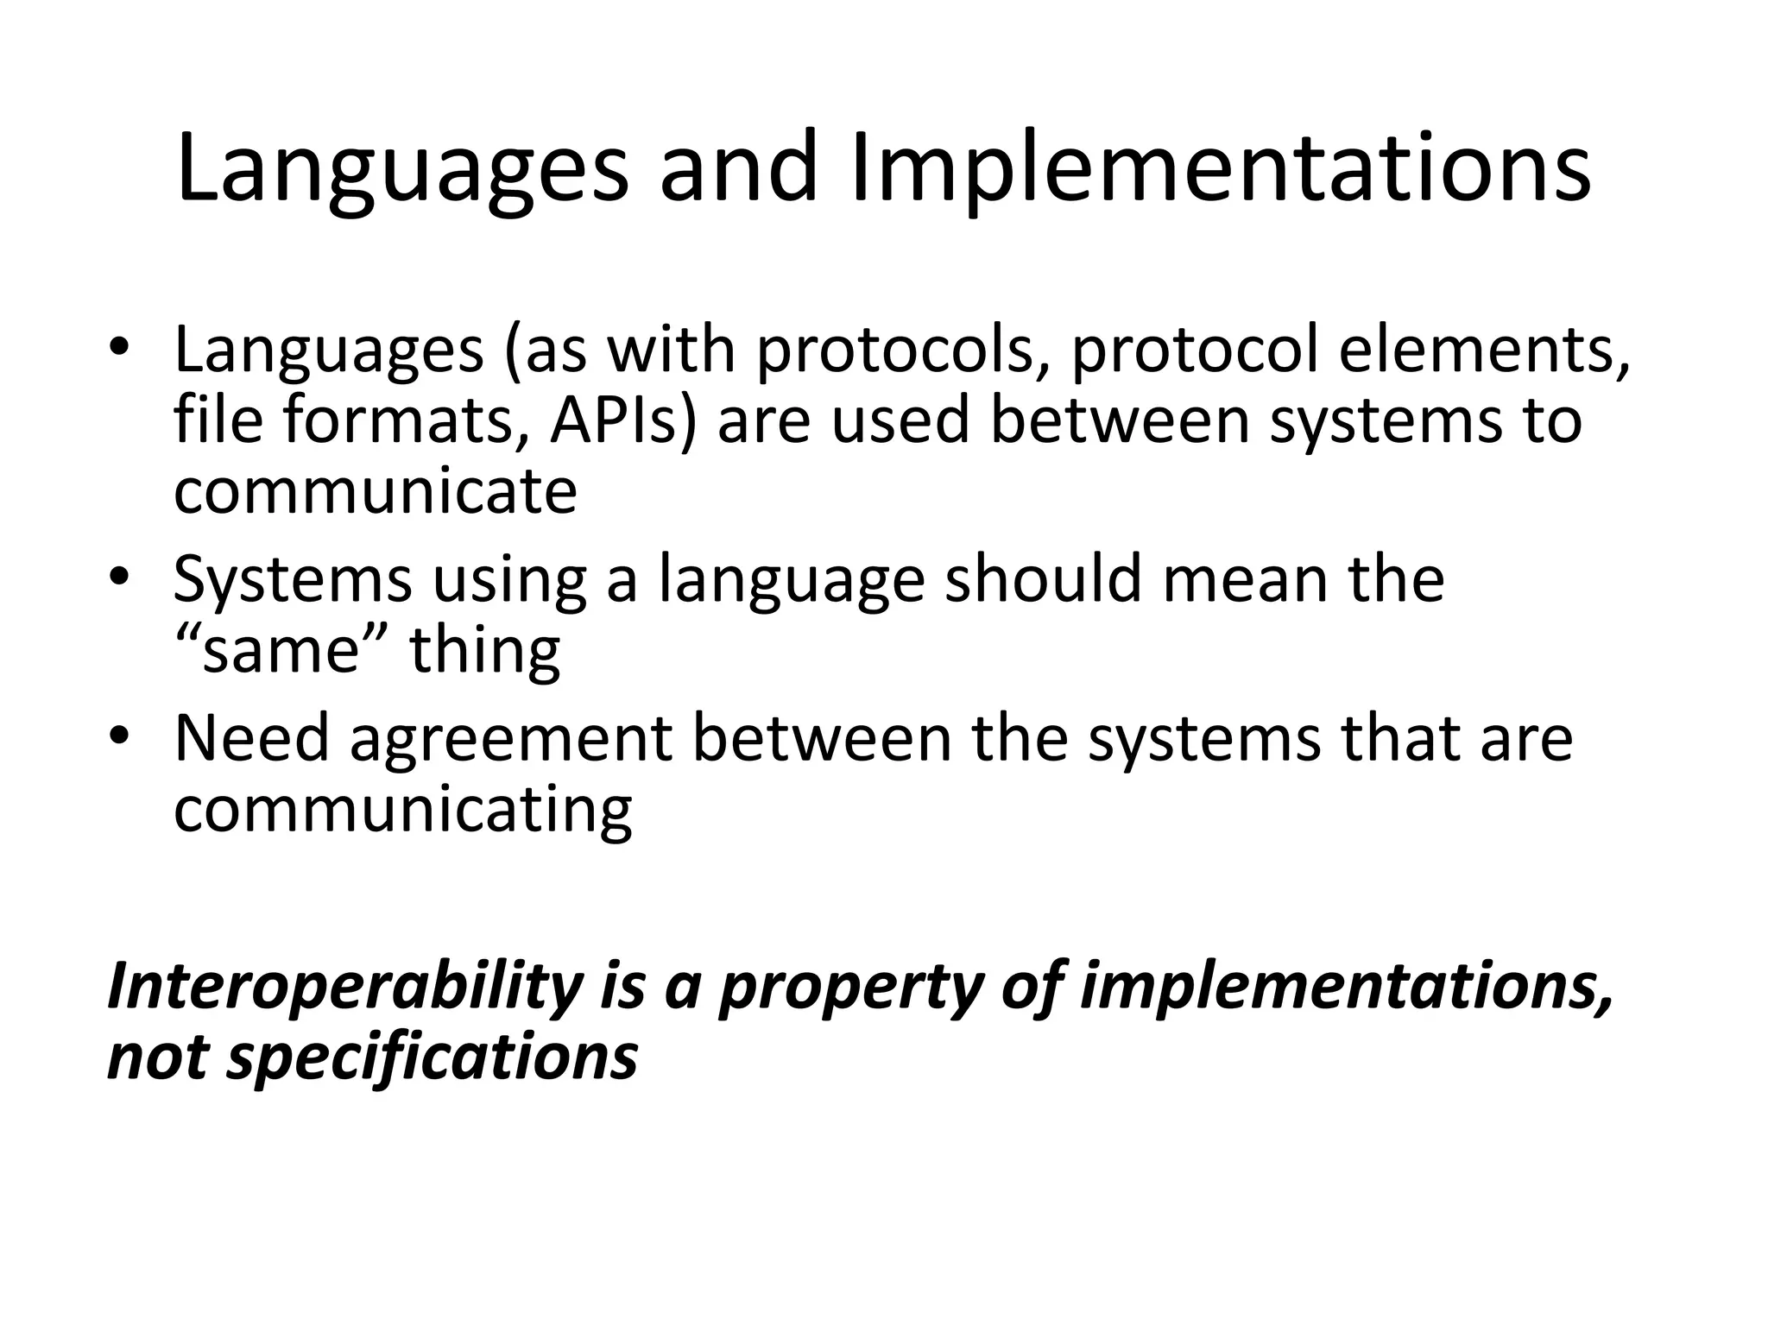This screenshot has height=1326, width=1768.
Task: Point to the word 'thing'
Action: (x=485, y=651)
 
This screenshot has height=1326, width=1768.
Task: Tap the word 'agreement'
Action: (x=510, y=741)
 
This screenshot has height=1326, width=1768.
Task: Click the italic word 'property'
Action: (x=851, y=989)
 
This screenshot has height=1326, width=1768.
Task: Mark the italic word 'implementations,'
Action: (x=1346, y=988)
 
